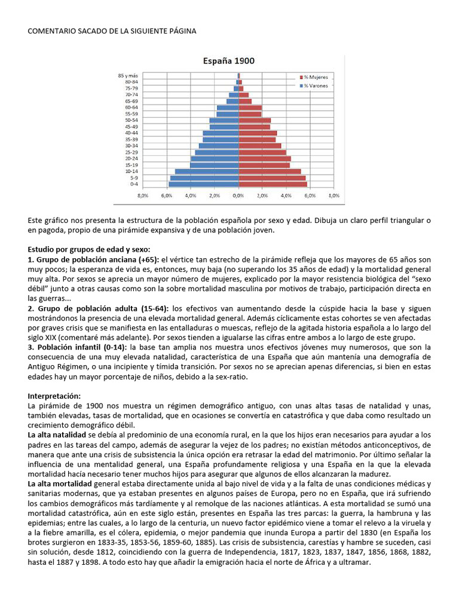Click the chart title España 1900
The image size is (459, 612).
[229, 61]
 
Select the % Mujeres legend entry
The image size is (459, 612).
[316, 77]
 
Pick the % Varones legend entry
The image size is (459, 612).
[316, 85]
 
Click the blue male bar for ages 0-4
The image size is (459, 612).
[203, 184]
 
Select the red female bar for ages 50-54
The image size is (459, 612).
[255, 120]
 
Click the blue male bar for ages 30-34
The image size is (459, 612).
[219, 146]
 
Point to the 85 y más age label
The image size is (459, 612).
[128, 75]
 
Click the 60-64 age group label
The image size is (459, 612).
[131, 108]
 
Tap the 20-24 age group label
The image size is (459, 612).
[131, 158]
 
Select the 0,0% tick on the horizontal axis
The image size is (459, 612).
[238, 195]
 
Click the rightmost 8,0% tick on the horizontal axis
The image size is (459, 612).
[333, 195]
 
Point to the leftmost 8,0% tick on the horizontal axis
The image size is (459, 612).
[143, 195]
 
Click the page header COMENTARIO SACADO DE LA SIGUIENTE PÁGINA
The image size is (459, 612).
[112, 30]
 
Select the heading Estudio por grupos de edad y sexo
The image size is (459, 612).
[89, 249]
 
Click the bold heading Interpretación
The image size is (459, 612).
[54, 396]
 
